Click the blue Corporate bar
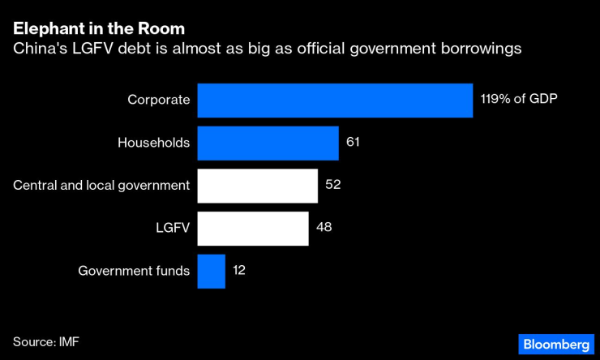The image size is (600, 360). (x=335, y=101)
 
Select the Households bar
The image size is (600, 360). (x=268, y=143)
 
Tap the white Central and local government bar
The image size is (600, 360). (x=257, y=186)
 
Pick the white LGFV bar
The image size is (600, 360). (x=253, y=229)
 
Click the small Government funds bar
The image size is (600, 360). (x=211, y=272)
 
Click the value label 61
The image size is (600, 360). (x=352, y=142)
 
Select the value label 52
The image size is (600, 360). (x=332, y=185)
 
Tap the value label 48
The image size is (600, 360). (x=323, y=228)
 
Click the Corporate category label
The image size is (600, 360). (x=158, y=100)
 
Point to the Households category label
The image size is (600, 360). (x=153, y=143)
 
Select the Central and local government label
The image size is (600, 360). (x=101, y=186)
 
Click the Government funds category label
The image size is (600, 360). (x=134, y=272)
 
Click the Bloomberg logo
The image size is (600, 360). (x=555, y=342)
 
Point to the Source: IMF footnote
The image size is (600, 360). (x=46, y=341)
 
